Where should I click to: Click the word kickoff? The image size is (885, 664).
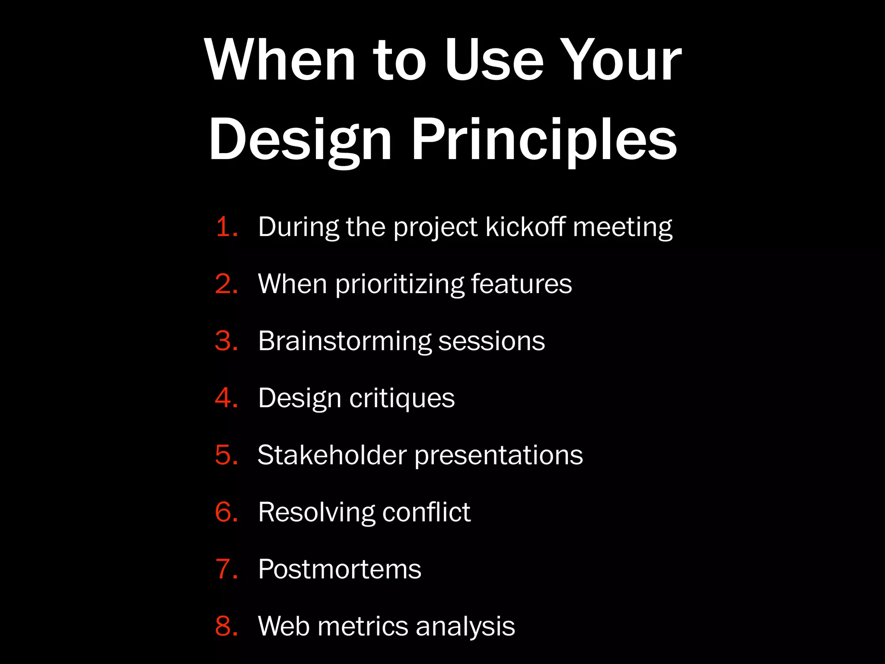click(x=525, y=227)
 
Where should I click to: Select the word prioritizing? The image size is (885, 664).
click(x=399, y=284)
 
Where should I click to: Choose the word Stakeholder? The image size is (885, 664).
click(x=332, y=455)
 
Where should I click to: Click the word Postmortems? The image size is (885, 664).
click(x=339, y=569)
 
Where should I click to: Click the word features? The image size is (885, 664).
click(x=521, y=284)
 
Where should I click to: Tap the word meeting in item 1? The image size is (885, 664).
click(x=622, y=227)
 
